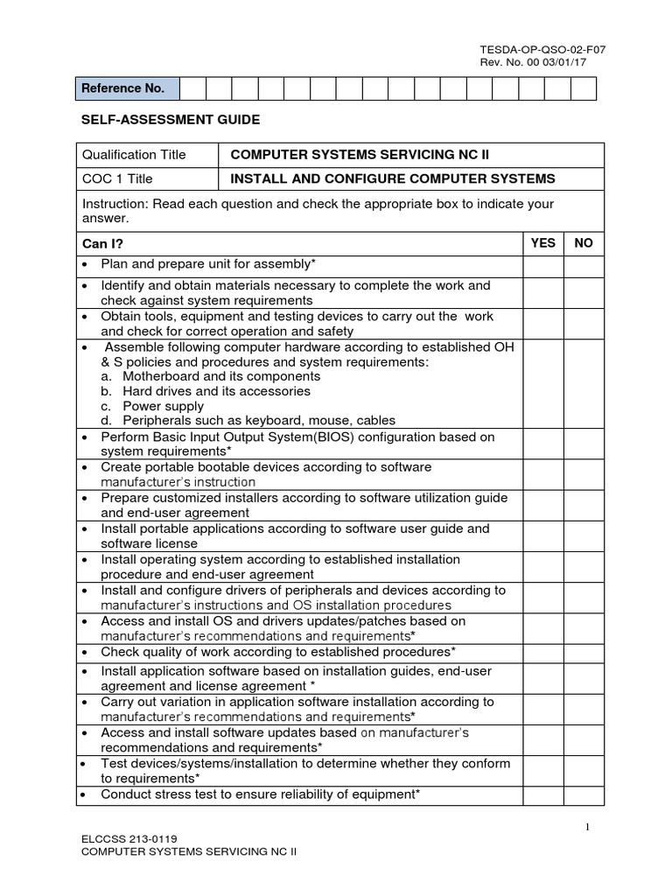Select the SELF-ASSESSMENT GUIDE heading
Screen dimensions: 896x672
tap(171, 119)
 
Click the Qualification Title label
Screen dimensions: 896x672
tap(134, 155)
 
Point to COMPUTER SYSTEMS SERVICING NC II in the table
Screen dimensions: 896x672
tap(359, 155)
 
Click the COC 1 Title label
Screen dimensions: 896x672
tap(117, 178)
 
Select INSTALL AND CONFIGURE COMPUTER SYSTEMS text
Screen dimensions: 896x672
tap(392, 178)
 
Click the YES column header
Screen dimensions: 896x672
tap(542, 243)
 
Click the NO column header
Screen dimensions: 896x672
tap(583, 243)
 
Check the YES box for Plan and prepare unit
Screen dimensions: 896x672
tap(542, 264)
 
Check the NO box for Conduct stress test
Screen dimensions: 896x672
tap(583, 794)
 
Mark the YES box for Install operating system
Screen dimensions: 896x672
tap(542, 566)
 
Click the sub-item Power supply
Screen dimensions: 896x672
tap(163, 406)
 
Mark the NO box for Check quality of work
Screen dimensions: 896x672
tap(583, 652)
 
